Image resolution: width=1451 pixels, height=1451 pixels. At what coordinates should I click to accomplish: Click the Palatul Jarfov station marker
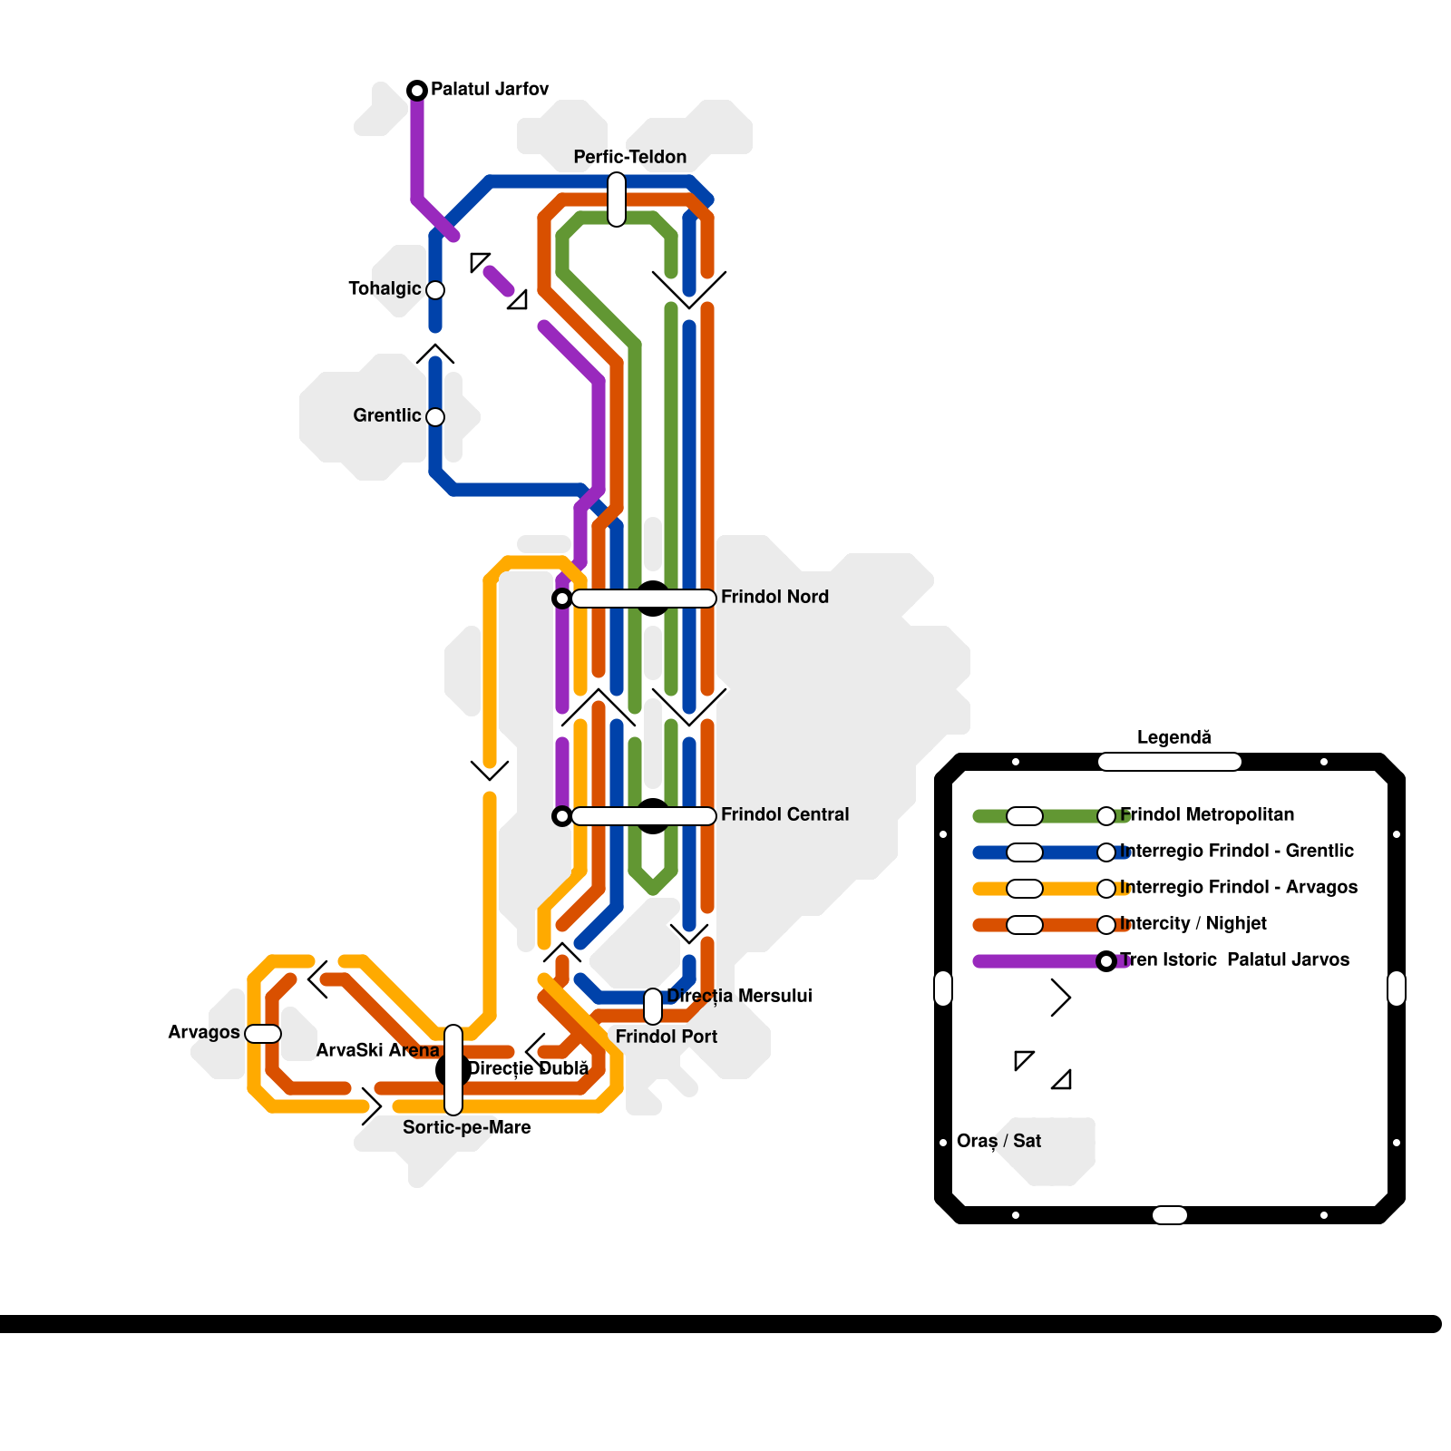pos(417,90)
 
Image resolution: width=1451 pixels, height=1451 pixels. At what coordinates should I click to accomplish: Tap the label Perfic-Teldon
pos(629,157)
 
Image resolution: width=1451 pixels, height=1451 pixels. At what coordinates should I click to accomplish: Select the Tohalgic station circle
pos(435,290)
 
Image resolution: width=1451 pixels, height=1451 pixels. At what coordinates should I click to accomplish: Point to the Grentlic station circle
pos(435,417)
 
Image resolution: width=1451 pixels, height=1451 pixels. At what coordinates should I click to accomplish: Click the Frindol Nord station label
pos(774,597)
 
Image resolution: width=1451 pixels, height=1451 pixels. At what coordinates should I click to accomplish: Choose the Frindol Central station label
pos(784,814)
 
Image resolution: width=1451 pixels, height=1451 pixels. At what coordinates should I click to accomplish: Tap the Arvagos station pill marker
pos(263,1034)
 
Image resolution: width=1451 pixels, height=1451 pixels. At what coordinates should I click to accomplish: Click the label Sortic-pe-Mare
pos(467,1127)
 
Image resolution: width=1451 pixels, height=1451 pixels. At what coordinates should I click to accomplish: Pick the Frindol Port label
pos(666,1037)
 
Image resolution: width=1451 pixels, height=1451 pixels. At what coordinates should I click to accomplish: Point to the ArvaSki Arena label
pos(377,1050)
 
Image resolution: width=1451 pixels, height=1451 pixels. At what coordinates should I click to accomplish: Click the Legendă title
pos(1173,737)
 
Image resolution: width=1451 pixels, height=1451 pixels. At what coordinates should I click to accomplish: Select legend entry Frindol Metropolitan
pos(1206,814)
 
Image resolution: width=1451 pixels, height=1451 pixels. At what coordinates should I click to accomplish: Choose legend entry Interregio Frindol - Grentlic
pos(1236,851)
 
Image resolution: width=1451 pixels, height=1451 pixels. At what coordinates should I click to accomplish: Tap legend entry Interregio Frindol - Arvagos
pos(1238,887)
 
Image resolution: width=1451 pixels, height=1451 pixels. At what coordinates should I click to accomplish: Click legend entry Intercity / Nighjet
pos(1193,923)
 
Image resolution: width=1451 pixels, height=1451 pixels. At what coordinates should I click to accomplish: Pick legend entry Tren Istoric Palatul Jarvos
pos(1233,959)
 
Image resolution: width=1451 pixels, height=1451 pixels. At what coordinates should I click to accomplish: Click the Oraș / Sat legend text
pos(998,1141)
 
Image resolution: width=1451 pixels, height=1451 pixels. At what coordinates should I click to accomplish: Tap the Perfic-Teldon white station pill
pos(617,200)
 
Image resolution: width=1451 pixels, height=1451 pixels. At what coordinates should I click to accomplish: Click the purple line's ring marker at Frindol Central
pos(562,816)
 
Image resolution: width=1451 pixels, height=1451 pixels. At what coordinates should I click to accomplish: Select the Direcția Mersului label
pos(739,996)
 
